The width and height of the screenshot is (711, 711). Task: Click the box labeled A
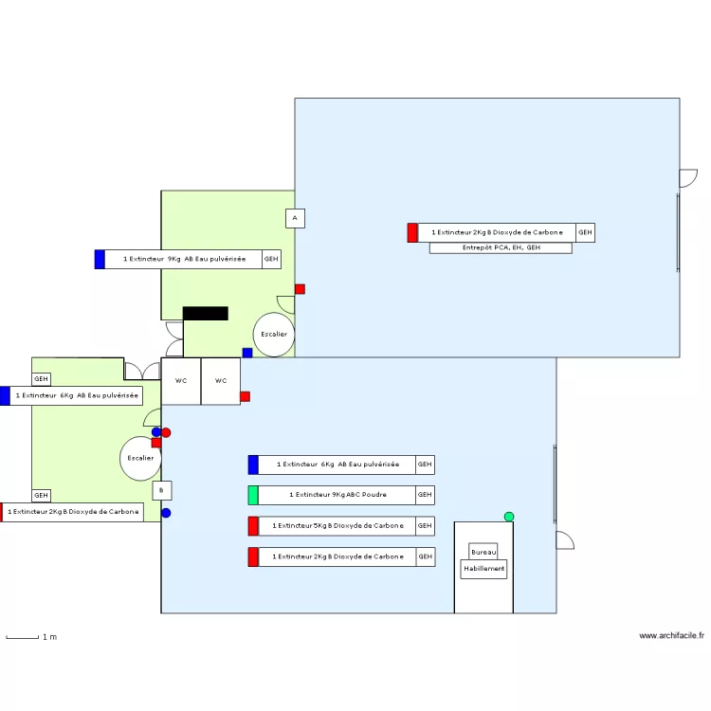[x=295, y=219]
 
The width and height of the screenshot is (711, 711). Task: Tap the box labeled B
[x=162, y=490]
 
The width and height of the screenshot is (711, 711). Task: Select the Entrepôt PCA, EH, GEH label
[x=501, y=248]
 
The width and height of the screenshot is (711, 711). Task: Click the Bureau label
[x=483, y=552]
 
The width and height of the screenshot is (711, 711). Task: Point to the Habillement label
[x=483, y=570]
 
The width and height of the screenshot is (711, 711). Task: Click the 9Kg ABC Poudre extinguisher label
[x=337, y=495]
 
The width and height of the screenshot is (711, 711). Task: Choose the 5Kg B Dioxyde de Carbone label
[x=337, y=525]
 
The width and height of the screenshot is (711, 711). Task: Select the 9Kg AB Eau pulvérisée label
[x=183, y=259]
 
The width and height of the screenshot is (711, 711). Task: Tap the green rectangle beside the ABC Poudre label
[x=253, y=495]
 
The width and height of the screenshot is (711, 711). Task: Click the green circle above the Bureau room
[x=509, y=517]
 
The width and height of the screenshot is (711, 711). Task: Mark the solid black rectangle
[x=206, y=313]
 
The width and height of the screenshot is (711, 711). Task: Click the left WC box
[x=181, y=381]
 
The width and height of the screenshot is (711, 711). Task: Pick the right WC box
[x=221, y=381]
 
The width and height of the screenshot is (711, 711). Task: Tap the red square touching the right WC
[x=245, y=396]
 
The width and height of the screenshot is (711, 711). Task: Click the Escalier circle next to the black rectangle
[x=274, y=335]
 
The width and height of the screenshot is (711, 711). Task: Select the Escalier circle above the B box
[x=139, y=459]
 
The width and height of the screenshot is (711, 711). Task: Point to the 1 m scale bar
[x=23, y=637]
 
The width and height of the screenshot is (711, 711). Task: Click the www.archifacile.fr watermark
[x=671, y=636]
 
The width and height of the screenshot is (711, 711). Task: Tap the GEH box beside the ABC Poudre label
[x=425, y=495]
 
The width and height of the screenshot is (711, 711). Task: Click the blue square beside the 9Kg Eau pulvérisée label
[x=100, y=259]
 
